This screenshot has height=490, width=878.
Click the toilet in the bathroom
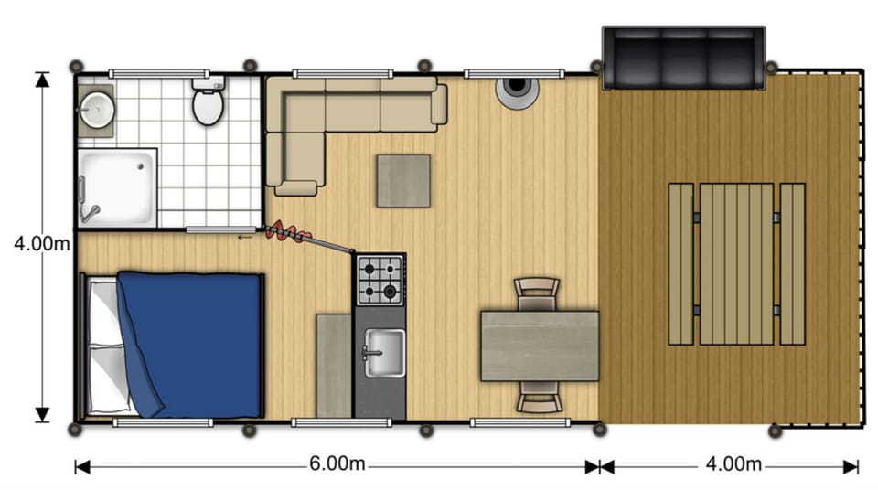click(208, 104)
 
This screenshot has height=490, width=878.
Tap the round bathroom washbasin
click(94, 109)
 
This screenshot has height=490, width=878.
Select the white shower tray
click(117, 186)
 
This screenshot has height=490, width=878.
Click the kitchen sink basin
click(382, 349)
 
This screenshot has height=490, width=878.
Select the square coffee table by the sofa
click(403, 180)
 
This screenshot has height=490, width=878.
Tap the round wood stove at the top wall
click(516, 90)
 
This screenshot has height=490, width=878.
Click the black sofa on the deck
click(682, 59)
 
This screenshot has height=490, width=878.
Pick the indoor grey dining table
click(540, 346)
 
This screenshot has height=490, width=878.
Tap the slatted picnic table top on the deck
click(737, 263)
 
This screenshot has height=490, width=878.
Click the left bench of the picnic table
click(680, 263)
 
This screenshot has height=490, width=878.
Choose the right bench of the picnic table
click(792, 263)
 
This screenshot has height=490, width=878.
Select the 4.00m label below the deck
click(733, 464)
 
